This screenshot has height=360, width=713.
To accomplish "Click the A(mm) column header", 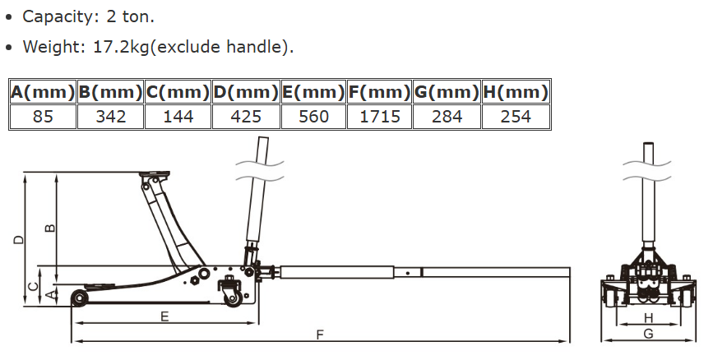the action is (x=43, y=92).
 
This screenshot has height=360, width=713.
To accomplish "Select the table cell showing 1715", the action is (x=380, y=117).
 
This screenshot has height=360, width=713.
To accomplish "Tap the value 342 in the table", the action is (x=110, y=117).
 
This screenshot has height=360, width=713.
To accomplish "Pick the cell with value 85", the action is (x=43, y=117).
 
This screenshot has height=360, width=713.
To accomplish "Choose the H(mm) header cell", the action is (x=516, y=92).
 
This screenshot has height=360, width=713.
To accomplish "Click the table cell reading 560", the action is (x=314, y=117).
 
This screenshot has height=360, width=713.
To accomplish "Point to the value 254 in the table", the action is (x=516, y=117).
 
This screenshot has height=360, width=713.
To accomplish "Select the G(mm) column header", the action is (x=447, y=92).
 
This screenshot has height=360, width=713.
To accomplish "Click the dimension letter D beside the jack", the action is (x=18, y=239).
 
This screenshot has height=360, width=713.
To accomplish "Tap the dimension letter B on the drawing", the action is (x=50, y=228).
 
